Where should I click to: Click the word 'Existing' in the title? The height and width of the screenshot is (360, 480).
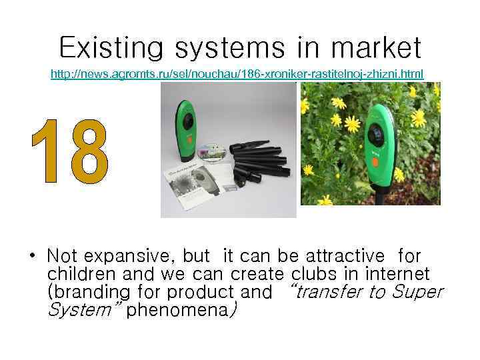click(110, 48)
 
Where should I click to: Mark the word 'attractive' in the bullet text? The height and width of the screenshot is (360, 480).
click(345, 255)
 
